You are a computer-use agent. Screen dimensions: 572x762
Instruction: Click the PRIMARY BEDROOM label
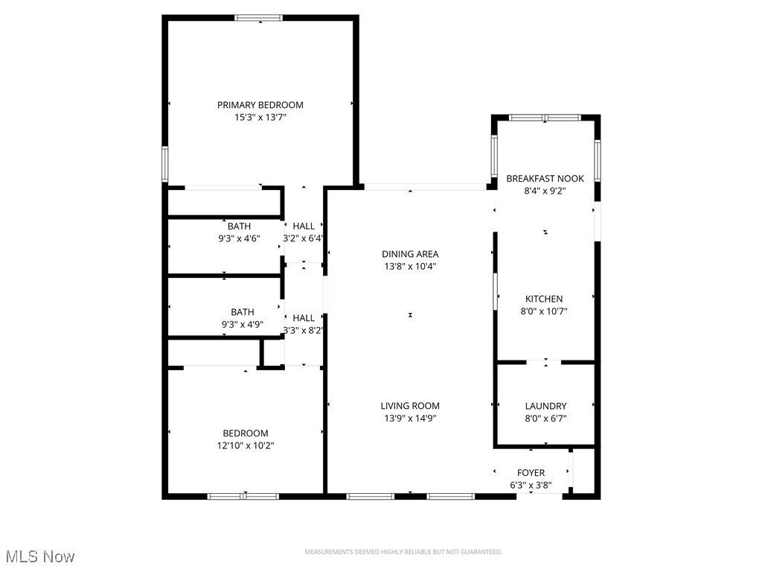pos(260,105)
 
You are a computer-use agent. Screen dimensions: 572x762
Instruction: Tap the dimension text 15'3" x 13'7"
pos(260,117)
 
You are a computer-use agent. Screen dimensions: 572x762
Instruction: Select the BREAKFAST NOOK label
pos(545,179)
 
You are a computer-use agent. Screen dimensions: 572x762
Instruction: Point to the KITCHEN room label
pos(544,299)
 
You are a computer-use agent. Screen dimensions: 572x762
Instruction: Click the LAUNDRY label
pos(545,406)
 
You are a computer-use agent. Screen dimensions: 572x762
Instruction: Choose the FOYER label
pos(531,473)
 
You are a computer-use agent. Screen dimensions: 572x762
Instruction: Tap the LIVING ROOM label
pos(410,406)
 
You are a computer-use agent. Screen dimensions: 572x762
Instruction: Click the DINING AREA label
pos(410,254)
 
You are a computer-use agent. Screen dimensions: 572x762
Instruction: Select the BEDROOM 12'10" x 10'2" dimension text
pos(246,445)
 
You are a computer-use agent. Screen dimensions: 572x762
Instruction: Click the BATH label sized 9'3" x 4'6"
pos(240,226)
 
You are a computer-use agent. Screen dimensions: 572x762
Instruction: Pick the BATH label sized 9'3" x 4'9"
pos(242,312)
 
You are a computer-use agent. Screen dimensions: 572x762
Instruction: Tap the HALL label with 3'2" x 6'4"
pos(303,226)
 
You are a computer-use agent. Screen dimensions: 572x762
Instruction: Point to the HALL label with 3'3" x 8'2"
pos(303,318)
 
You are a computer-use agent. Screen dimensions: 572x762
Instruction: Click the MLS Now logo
pos(39,556)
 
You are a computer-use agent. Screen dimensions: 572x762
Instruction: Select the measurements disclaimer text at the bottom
pos(403,552)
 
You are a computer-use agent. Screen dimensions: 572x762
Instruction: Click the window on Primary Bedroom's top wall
pos(258,17)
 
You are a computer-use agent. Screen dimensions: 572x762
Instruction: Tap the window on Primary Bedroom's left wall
pos(165,164)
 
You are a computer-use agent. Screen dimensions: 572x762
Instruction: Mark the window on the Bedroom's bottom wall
pos(243,496)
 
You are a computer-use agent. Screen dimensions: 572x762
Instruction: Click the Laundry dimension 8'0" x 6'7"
pos(545,419)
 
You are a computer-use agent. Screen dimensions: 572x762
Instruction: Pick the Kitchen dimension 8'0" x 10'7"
pos(544,311)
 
